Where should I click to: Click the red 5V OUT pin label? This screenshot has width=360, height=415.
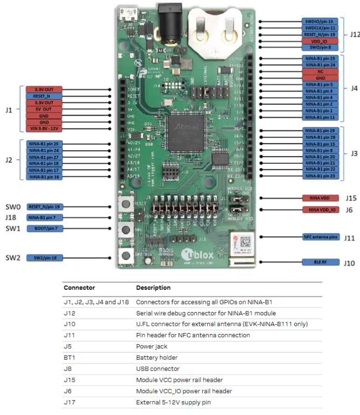tap(43, 109)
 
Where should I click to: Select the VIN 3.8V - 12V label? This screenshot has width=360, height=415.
tap(43, 128)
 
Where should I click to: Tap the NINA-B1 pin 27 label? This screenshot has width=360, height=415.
tap(44, 157)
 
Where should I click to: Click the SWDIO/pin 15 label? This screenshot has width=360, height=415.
tap(321, 21)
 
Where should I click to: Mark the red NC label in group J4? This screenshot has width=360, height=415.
tap(321, 72)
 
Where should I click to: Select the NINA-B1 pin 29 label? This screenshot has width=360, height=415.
tap(321, 131)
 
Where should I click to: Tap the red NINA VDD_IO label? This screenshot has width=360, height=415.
tap(321, 210)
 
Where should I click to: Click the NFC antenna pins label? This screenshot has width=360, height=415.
tap(321, 237)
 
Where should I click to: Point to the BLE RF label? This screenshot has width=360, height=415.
tap(321, 262)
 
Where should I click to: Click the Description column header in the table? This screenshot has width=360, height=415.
tap(153, 288)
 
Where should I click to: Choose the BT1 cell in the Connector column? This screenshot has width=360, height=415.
tap(69, 357)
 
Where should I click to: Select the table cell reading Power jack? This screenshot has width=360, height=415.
tap(151, 346)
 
